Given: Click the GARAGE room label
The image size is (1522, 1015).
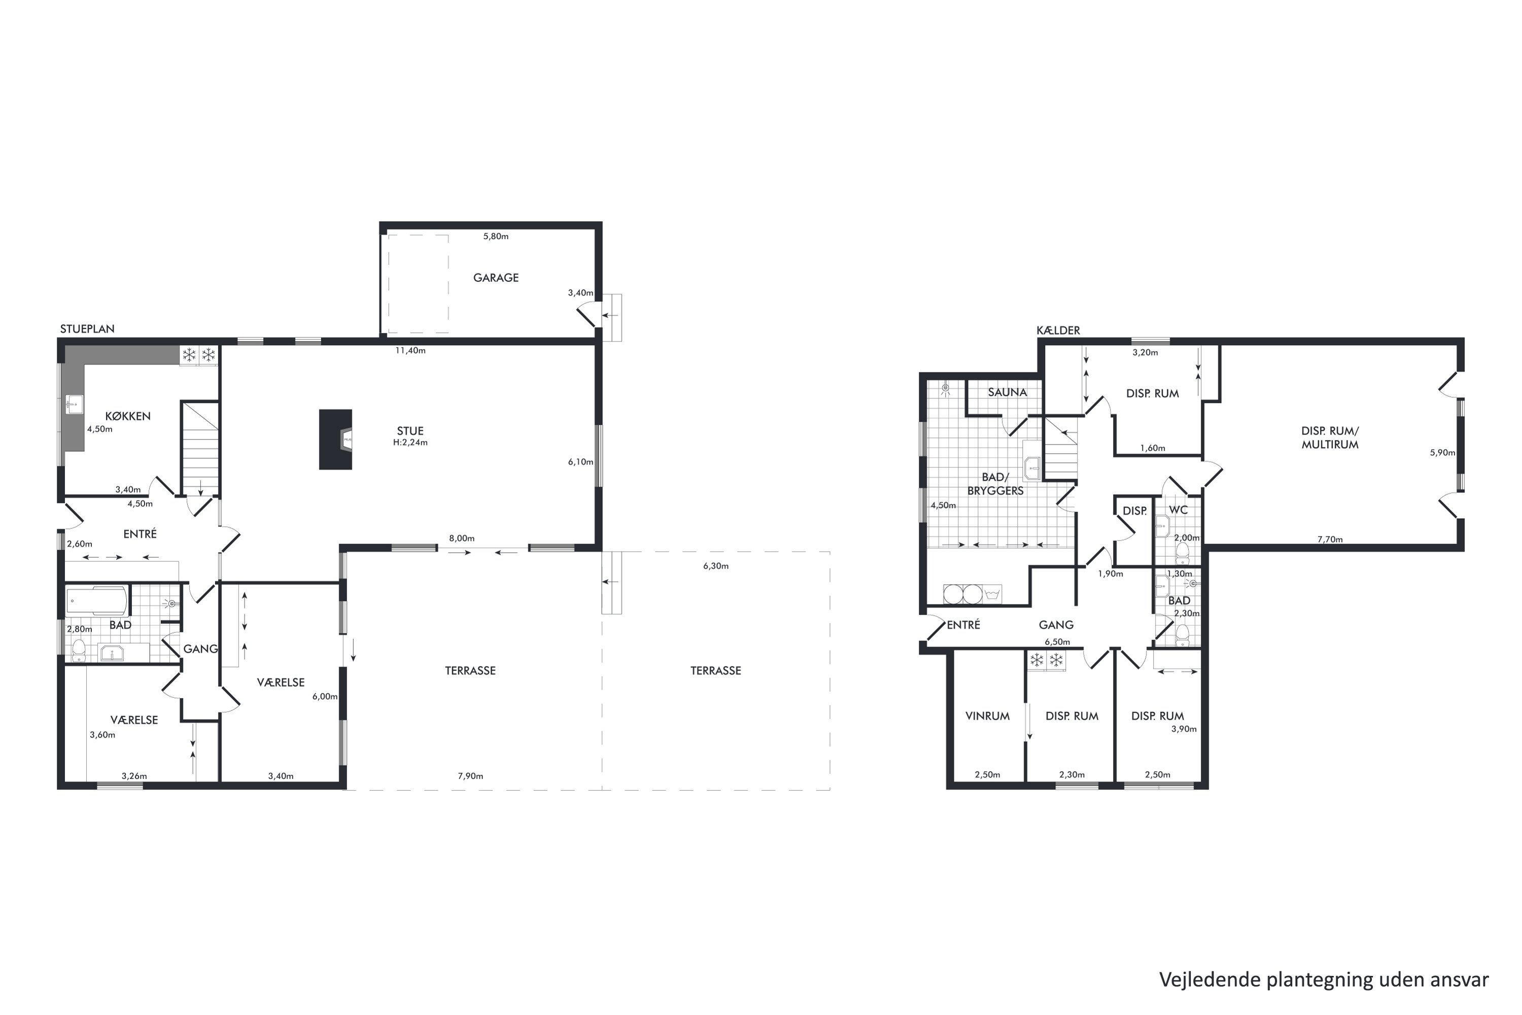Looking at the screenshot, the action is (x=496, y=278).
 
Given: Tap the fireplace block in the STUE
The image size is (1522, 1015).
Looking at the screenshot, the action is (x=336, y=439).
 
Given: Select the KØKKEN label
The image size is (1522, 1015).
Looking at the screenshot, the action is (x=128, y=416).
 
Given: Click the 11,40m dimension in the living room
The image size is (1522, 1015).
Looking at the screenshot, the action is (x=411, y=351).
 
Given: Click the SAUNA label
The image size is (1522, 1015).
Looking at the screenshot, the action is (x=1007, y=392).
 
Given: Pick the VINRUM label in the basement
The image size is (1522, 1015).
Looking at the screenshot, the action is (x=987, y=716).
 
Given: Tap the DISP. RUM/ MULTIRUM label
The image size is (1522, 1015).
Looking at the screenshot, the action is (x=1330, y=437).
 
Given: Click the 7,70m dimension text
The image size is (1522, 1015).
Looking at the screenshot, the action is (x=1330, y=539).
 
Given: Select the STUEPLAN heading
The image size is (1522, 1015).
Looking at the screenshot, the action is (x=87, y=329).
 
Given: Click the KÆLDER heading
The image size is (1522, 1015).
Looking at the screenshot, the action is (x=1058, y=330).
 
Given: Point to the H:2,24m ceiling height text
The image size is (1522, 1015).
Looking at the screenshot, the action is (x=410, y=443).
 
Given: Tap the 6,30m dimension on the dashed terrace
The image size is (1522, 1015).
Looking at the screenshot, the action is (x=716, y=566).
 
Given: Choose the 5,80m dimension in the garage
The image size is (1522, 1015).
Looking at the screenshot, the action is (x=496, y=236).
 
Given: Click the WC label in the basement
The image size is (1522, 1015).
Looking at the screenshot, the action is (x=1179, y=510).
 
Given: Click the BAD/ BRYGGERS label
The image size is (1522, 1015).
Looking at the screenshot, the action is (x=995, y=484).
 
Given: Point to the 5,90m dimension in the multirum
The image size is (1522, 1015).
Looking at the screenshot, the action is (x=1442, y=453).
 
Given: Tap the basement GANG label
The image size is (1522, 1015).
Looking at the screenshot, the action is (x=1056, y=625).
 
